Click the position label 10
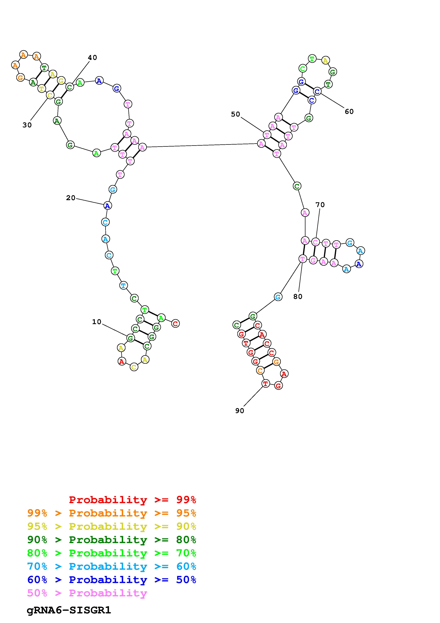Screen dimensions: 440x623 (97, 322)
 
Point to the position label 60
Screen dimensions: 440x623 (349, 112)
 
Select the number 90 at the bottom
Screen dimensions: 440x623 (240, 411)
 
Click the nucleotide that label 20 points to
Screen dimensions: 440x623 (108, 206)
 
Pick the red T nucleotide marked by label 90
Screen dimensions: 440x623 (266, 384)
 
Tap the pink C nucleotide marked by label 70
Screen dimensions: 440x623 (315, 242)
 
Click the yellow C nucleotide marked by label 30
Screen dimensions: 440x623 (50, 95)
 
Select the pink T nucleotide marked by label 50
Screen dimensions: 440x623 (267, 135)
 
